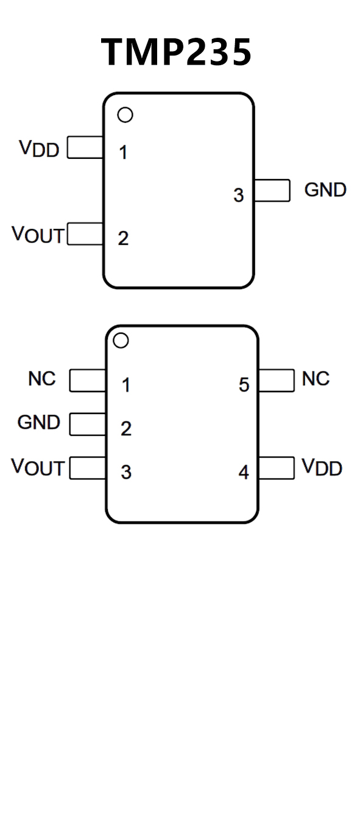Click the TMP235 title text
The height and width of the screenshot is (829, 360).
pyautogui.click(x=177, y=52)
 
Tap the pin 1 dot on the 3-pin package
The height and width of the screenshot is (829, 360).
pyautogui.click(x=125, y=115)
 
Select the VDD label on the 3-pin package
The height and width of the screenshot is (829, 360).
pyautogui.click(x=39, y=149)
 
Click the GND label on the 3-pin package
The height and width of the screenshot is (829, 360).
pyautogui.click(x=325, y=190)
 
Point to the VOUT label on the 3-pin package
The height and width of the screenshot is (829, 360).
pyautogui.click(x=38, y=235)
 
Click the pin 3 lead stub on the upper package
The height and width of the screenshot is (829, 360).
pyautogui.click(x=272, y=190)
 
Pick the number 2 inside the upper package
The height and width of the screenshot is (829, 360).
pyautogui.click(x=123, y=238)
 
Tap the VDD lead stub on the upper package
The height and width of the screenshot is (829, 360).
pyautogui.click(x=85, y=147)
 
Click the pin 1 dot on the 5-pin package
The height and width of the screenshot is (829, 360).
pyautogui.click(x=121, y=340)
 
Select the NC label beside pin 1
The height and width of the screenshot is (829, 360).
pyautogui.click(x=42, y=379)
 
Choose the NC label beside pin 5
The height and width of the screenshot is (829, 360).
pyautogui.click(x=316, y=379)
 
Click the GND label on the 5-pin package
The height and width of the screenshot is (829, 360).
pyautogui.click(x=39, y=422)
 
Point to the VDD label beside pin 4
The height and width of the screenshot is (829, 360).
pyautogui.click(x=322, y=467)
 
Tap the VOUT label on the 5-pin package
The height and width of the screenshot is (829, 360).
pyautogui.click(x=38, y=467)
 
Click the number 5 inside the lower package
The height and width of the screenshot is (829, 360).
pyautogui.click(x=244, y=384)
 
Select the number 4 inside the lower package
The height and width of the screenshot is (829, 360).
pyautogui.click(x=244, y=472)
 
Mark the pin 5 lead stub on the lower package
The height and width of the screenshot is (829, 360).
pyautogui.click(x=277, y=380)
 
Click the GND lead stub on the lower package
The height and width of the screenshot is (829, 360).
pyautogui.click(x=88, y=424)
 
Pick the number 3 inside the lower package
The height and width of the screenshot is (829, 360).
pyautogui.click(x=126, y=472)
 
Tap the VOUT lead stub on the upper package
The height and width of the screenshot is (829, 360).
pyautogui.click(x=85, y=233)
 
